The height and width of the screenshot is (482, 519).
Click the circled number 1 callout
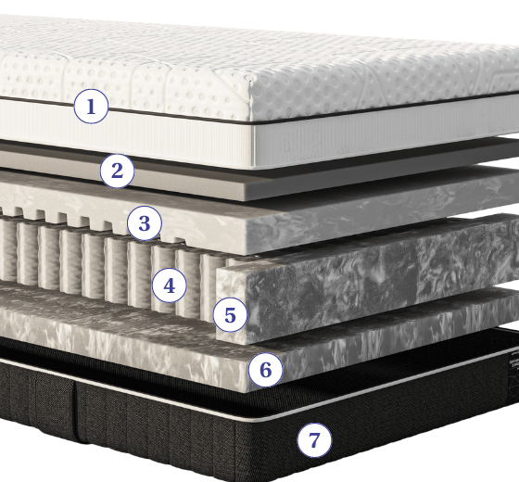[x=91, y=107]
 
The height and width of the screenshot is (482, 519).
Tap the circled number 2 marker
[x=117, y=171]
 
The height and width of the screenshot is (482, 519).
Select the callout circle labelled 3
[x=145, y=222]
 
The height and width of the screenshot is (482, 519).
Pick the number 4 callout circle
[x=169, y=285]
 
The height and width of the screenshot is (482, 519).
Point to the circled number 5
[x=230, y=314]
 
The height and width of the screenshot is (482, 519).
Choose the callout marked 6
[x=265, y=370]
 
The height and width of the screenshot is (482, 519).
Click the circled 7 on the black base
[x=314, y=440]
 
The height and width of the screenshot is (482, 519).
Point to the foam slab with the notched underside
[x=331, y=215]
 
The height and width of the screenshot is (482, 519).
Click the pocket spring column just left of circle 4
[x=139, y=273]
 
